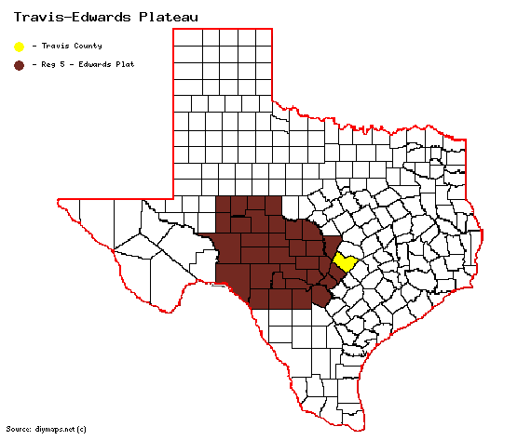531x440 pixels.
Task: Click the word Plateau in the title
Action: pyautogui.click(x=169, y=16)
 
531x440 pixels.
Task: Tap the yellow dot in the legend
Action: pyautogui.click(x=19, y=46)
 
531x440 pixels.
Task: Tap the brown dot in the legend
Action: pyautogui.click(x=19, y=65)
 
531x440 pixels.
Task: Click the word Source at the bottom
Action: pyautogui.click(x=19, y=429)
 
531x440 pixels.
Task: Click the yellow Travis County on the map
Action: pyautogui.click(x=346, y=262)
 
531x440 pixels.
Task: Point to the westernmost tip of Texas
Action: pyautogui.click(x=59, y=200)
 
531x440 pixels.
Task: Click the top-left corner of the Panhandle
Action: pyautogui.click(x=174, y=29)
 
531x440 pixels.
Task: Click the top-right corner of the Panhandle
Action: pyautogui.click(x=272, y=29)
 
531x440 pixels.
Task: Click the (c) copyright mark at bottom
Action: pyautogui.click(x=82, y=429)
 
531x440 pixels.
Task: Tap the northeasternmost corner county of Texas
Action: pyautogui.click(x=457, y=148)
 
